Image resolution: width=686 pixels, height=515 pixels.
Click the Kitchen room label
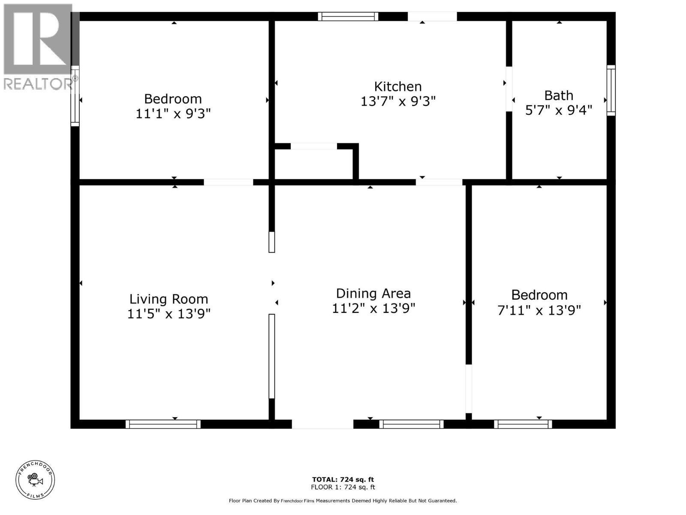click(x=398, y=87)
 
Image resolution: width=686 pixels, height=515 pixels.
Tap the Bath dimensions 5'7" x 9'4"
click(x=559, y=110)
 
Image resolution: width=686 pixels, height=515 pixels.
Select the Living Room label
click(x=168, y=299)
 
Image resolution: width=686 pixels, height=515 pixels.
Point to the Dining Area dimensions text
click(x=373, y=308)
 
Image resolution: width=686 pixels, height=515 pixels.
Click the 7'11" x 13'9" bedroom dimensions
click(x=539, y=310)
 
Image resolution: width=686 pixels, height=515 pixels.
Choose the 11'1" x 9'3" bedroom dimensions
click(x=173, y=114)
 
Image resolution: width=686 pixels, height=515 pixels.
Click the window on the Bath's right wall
click(x=611, y=90)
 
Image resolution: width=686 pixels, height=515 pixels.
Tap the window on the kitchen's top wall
click(x=348, y=17)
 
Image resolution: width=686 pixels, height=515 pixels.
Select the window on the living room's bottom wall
click(x=163, y=424)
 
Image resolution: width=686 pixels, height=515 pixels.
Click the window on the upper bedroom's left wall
click(x=75, y=96)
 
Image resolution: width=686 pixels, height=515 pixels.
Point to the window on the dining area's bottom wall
click(x=411, y=424)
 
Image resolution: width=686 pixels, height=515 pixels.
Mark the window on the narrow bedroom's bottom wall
click(x=523, y=424)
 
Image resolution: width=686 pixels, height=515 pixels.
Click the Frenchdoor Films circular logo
click(x=35, y=479)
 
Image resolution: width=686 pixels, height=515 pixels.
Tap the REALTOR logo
click(x=39, y=47)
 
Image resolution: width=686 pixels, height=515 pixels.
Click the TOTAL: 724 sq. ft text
click(x=343, y=479)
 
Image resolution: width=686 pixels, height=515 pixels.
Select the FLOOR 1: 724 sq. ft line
click(x=343, y=487)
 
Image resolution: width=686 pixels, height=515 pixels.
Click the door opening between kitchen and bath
click(x=509, y=89)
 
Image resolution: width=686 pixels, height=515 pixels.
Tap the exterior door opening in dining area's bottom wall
click(x=322, y=424)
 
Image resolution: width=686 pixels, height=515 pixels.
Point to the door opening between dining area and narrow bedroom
click(x=469, y=388)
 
